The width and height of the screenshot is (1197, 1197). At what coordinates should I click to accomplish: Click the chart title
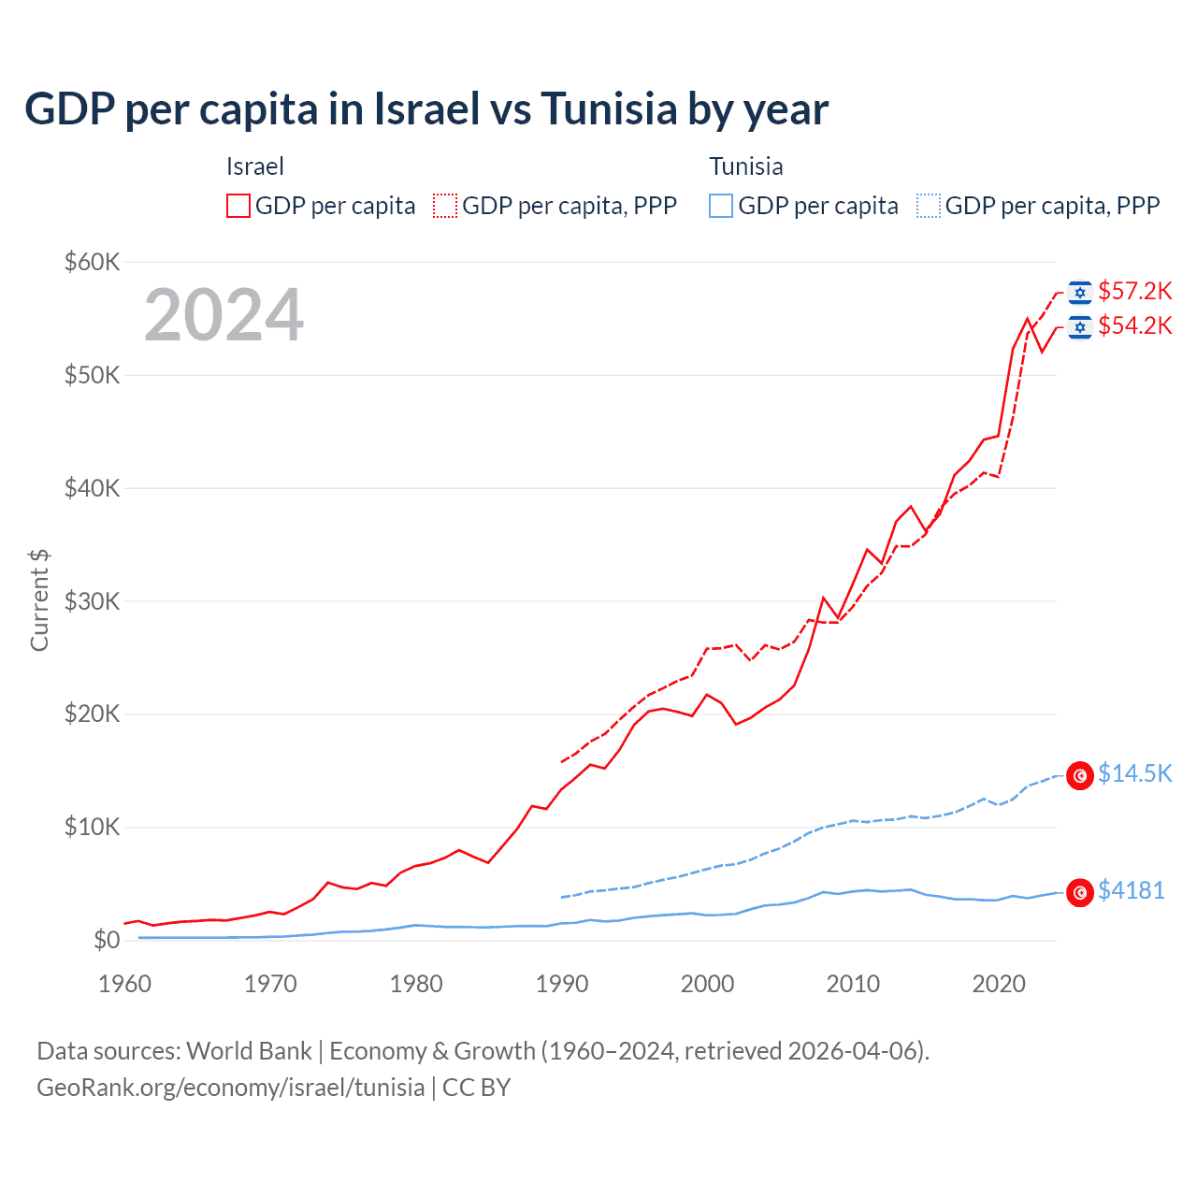coord(426,109)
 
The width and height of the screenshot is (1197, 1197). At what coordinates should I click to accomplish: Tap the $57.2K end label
coord(1134,291)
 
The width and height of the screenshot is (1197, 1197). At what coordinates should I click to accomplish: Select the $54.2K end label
coord(1134,325)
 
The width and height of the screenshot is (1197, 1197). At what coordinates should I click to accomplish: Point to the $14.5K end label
coord(1134,773)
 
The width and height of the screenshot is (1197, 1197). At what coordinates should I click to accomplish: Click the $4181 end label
coord(1131,890)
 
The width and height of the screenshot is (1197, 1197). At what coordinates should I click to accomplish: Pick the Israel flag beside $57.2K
coord(1080,293)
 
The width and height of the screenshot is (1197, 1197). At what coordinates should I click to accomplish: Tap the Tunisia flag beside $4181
coord(1080,893)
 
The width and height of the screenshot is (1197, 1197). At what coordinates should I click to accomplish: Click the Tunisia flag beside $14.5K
coord(1080,775)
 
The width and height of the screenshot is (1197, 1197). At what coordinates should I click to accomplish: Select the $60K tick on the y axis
coord(92,262)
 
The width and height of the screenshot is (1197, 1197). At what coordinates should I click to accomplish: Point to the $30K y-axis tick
coord(92,601)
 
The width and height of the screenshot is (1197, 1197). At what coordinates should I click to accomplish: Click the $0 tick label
coord(107,940)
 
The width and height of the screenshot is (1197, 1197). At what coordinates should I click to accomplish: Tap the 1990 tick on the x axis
coord(562,984)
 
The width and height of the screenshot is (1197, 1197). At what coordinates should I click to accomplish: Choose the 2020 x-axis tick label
coord(999,984)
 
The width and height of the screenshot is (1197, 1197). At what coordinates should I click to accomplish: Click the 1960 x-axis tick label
coord(125,984)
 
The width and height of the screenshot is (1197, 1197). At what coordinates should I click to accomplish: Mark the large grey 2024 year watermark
coord(224,315)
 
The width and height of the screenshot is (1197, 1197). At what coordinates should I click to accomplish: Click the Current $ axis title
coord(39,600)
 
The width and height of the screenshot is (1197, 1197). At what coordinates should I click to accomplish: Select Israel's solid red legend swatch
coord(238,206)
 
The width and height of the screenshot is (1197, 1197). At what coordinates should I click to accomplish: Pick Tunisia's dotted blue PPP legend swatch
coord(929,206)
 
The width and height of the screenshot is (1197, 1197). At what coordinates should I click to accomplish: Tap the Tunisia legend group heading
coord(745,166)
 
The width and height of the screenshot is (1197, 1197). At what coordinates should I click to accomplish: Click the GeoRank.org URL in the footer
coord(230,1088)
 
